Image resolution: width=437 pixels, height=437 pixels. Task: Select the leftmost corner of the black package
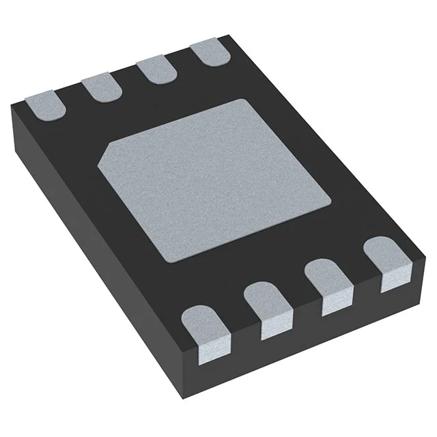click(x=10, y=109)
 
